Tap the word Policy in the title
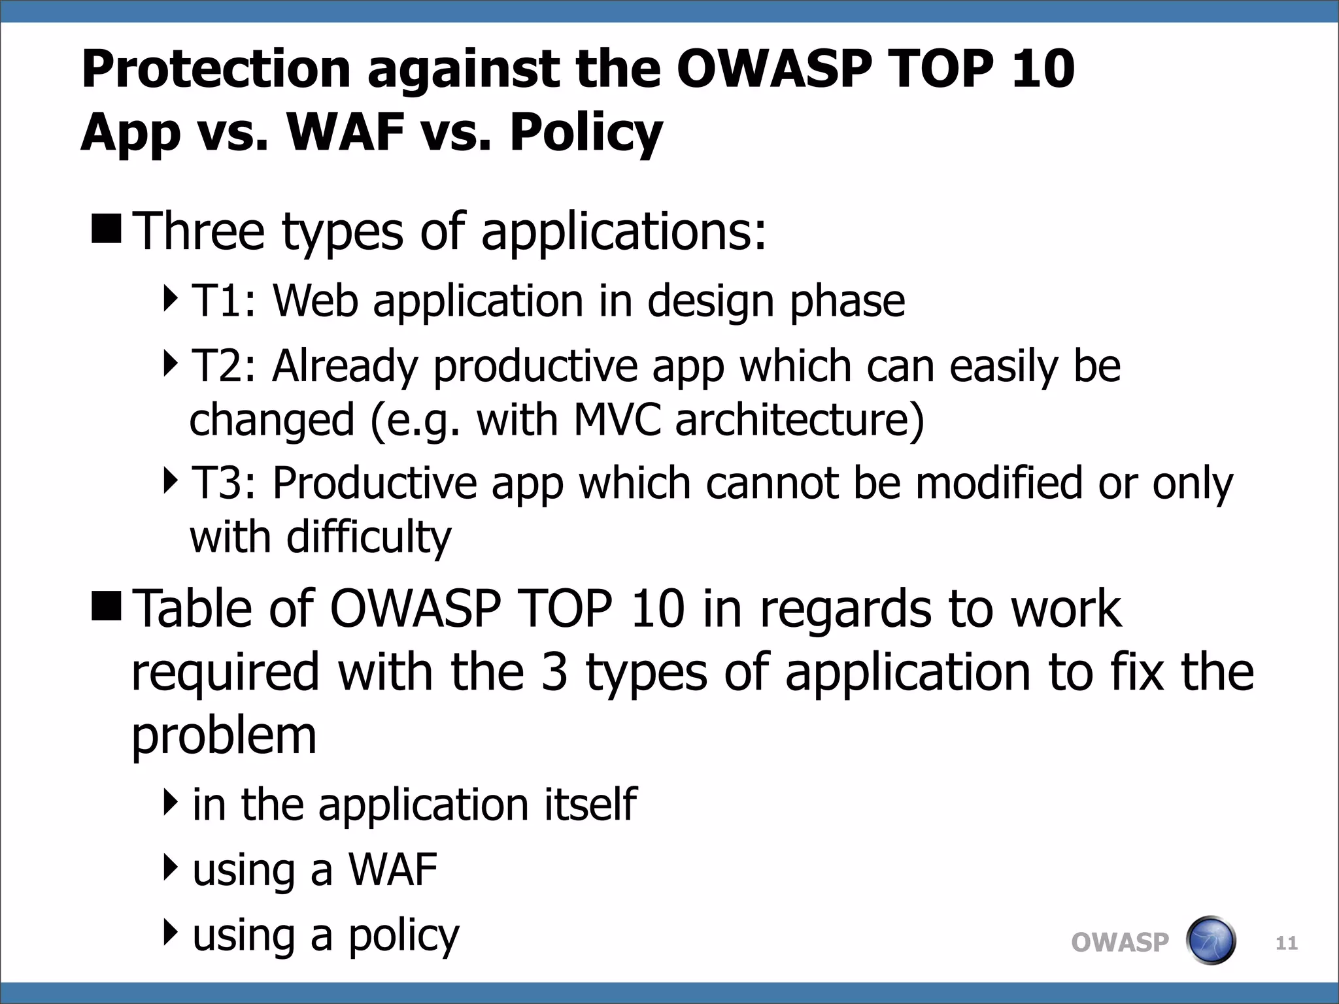point(586,133)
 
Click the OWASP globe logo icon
point(1210,941)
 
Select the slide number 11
point(1287,943)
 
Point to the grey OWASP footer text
point(1119,943)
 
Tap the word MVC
point(617,420)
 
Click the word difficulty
point(369,538)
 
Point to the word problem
point(224,737)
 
